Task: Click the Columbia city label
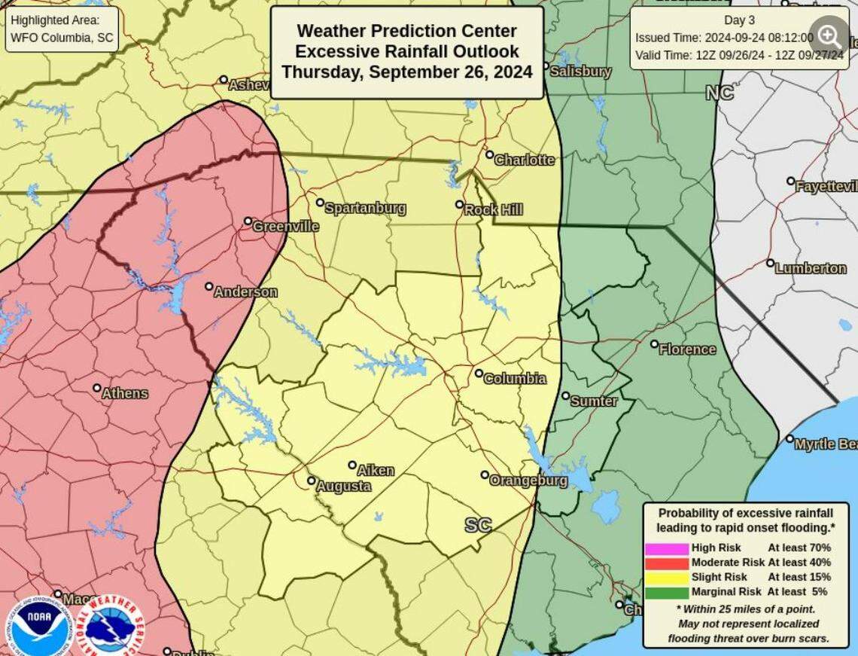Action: (x=514, y=379)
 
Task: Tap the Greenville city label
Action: (x=285, y=226)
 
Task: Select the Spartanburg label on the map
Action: (x=365, y=208)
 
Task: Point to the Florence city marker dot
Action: (x=654, y=344)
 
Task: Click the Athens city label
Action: (x=125, y=393)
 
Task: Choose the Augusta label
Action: (x=343, y=487)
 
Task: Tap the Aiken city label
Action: (x=375, y=471)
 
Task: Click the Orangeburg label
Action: (x=528, y=480)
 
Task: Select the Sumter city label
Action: (x=594, y=401)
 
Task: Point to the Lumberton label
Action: (x=810, y=268)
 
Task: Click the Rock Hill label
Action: (x=493, y=210)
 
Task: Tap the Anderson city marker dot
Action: (x=209, y=286)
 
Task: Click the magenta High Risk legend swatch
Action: (x=666, y=548)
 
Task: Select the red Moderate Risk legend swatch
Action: (x=666, y=563)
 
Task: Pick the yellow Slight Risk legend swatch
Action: (x=666, y=578)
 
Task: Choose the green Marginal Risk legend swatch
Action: (x=666, y=593)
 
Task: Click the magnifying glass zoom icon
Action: (x=829, y=35)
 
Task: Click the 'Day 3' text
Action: (x=739, y=20)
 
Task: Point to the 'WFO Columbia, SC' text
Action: (x=62, y=38)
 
